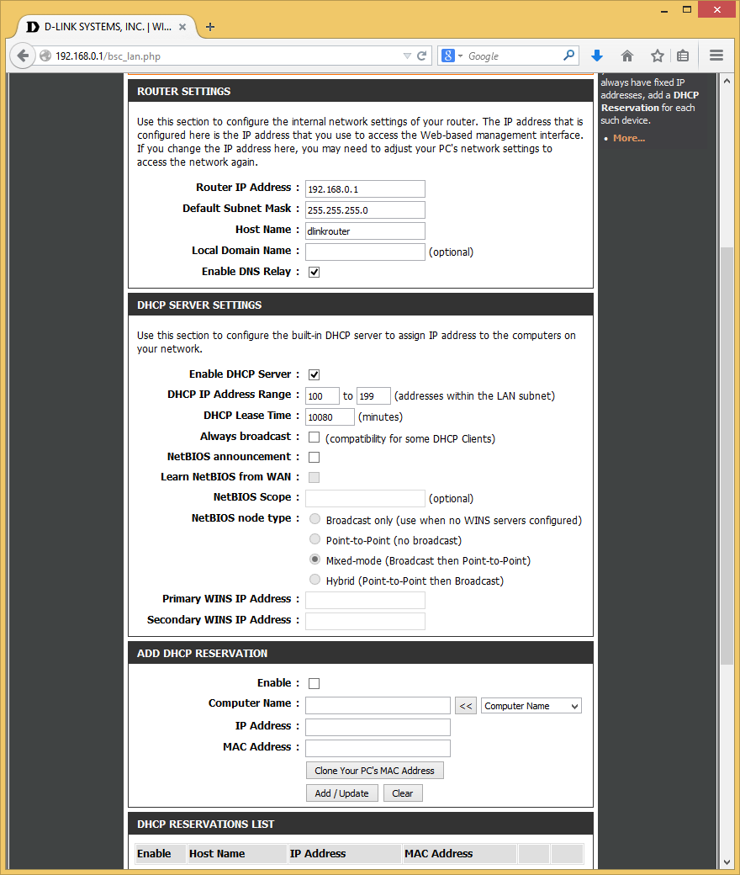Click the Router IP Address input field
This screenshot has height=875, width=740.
point(365,188)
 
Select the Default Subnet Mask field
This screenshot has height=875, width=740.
point(365,209)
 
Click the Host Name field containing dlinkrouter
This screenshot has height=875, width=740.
point(365,231)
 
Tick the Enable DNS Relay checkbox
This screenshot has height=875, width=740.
point(314,272)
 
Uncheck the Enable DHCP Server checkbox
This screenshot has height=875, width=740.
point(314,374)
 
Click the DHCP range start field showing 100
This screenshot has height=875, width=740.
point(322,395)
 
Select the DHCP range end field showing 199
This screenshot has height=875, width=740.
point(373,395)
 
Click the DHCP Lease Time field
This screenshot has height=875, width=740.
point(330,416)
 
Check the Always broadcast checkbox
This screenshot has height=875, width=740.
point(314,437)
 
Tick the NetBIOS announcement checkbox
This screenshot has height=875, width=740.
point(314,458)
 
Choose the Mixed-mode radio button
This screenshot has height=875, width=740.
point(314,559)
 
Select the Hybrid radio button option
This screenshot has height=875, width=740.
point(314,580)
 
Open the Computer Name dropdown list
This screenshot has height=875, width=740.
point(531,706)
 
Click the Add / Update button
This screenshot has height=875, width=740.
point(341,793)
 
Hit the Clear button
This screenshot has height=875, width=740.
point(403,793)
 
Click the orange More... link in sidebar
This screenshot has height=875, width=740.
point(628,138)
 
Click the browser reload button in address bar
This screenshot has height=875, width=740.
point(422,56)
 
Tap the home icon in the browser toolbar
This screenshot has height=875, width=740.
point(627,56)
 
